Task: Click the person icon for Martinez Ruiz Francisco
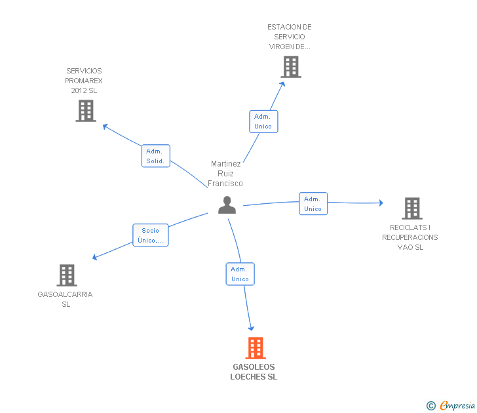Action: pyautogui.click(x=227, y=205)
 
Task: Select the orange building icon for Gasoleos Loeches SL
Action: pyautogui.click(x=256, y=348)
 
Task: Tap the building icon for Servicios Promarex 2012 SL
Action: pyautogui.click(x=86, y=111)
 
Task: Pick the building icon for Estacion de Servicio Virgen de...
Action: pyautogui.click(x=290, y=67)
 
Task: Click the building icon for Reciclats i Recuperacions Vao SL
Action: pyautogui.click(x=411, y=208)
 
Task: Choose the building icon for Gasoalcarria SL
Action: pyautogui.click(x=66, y=275)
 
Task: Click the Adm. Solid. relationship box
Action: pyautogui.click(x=156, y=156)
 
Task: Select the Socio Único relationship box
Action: pyautogui.click(x=151, y=235)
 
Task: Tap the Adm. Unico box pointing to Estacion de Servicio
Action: pyautogui.click(x=263, y=121)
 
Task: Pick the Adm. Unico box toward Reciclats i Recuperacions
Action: pyautogui.click(x=313, y=204)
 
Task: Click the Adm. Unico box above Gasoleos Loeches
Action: pyautogui.click(x=240, y=274)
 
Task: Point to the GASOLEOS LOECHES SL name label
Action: pyautogui.click(x=254, y=372)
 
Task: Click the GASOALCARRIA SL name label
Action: pyautogui.click(x=66, y=299)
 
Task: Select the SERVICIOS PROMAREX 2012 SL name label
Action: pyautogui.click(x=84, y=81)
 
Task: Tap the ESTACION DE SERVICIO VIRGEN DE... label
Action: pyautogui.click(x=290, y=37)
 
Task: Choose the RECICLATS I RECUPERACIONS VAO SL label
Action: pyautogui.click(x=410, y=237)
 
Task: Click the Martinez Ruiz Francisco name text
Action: pyautogui.click(x=225, y=174)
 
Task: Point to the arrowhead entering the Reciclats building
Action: pyautogui.click(x=381, y=203)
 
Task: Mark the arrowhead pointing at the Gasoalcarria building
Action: pyautogui.click(x=94, y=257)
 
